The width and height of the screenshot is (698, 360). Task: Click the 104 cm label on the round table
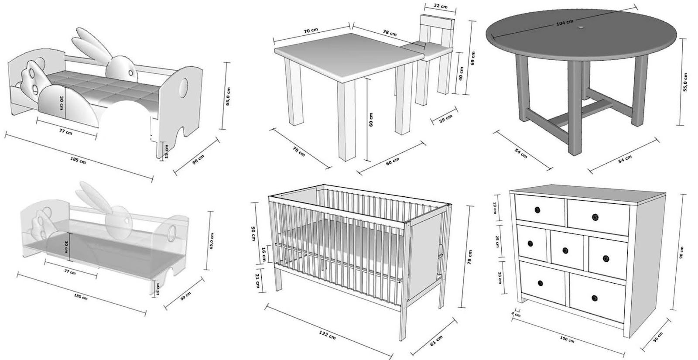pyautogui.click(x=565, y=22)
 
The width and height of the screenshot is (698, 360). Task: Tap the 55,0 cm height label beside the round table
pyautogui.click(x=685, y=82)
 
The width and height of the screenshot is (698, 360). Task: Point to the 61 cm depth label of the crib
pyautogui.click(x=436, y=341)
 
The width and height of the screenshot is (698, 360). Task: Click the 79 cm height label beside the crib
pyautogui.click(x=469, y=256)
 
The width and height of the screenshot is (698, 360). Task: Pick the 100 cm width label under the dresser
pyautogui.click(x=567, y=339)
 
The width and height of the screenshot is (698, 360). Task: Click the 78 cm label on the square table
pyautogui.click(x=390, y=32)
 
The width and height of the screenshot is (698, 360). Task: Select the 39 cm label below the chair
pyautogui.click(x=445, y=118)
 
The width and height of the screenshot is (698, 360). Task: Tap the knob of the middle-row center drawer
pyautogui.click(x=565, y=250)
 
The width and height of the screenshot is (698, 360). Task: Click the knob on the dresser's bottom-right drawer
pyautogui.click(x=594, y=298)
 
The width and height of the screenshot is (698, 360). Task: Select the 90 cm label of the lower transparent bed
pyautogui.click(x=185, y=296)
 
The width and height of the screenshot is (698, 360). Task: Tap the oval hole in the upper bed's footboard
pyautogui.click(x=185, y=86)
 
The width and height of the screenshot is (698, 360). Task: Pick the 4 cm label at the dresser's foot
pyautogui.click(x=516, y=314)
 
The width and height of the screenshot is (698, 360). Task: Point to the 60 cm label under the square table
pyautogui.click(x=393, y=160)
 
